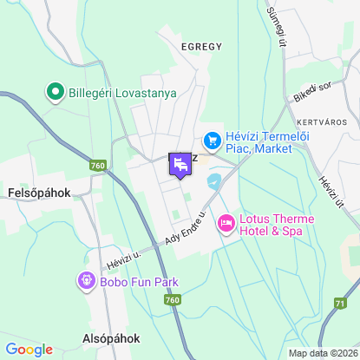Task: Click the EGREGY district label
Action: tap(201, 46)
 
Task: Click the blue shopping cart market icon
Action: tap(210, 139)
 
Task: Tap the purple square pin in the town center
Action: tap(180, 164)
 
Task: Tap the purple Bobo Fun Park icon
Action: tap(86, 280)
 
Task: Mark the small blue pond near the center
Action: tap(214, 181)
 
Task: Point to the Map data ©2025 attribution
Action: tap(323, 353)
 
